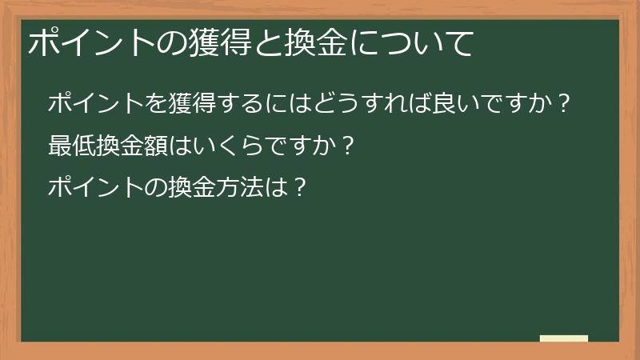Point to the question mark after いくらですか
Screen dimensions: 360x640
[346, 147]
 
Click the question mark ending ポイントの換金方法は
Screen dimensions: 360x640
[298, 190]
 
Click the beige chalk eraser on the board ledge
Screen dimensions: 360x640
[564, 338]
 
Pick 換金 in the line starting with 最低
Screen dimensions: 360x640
[118, 147]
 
